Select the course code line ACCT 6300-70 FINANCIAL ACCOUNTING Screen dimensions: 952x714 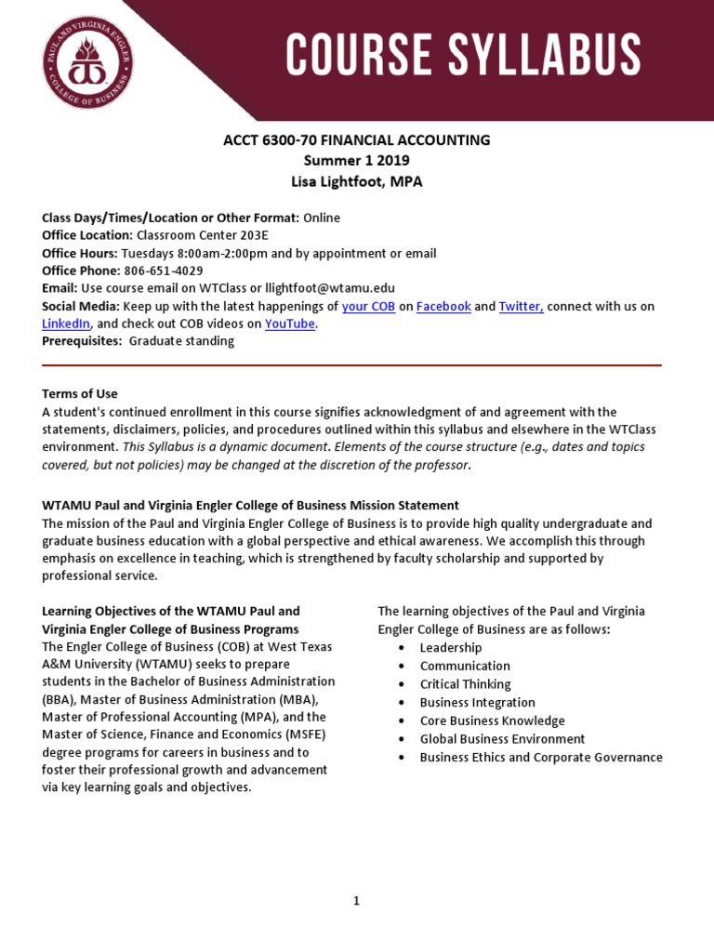tap(356, 140)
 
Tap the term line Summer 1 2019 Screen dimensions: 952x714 tap(356, 161)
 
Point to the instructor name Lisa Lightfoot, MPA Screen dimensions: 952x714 tap(356, 181)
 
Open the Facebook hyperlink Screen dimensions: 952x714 tap(443, 306)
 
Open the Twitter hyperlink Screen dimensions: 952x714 tap(521, 306)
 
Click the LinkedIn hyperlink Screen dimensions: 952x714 tap(66, 324)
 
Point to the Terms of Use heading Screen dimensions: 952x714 tap(80, 394)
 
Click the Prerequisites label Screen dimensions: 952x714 tap(82, 341)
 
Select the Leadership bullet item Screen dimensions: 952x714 tap(450, 647)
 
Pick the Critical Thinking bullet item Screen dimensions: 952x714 tap(465, 684)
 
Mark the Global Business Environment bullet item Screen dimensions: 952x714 tap(502, 739)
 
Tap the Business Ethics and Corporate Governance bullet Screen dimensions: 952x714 tap(541, 757)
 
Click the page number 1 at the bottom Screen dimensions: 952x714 tap(356, 900)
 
